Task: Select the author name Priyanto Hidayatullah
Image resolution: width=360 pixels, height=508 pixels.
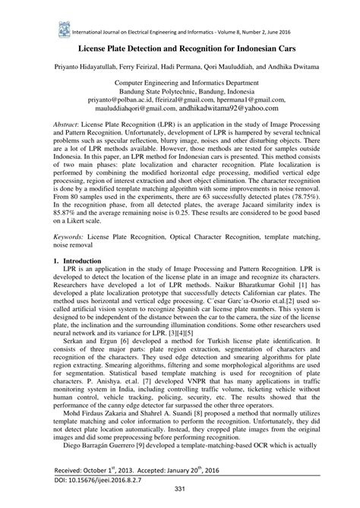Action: [85, 67]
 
